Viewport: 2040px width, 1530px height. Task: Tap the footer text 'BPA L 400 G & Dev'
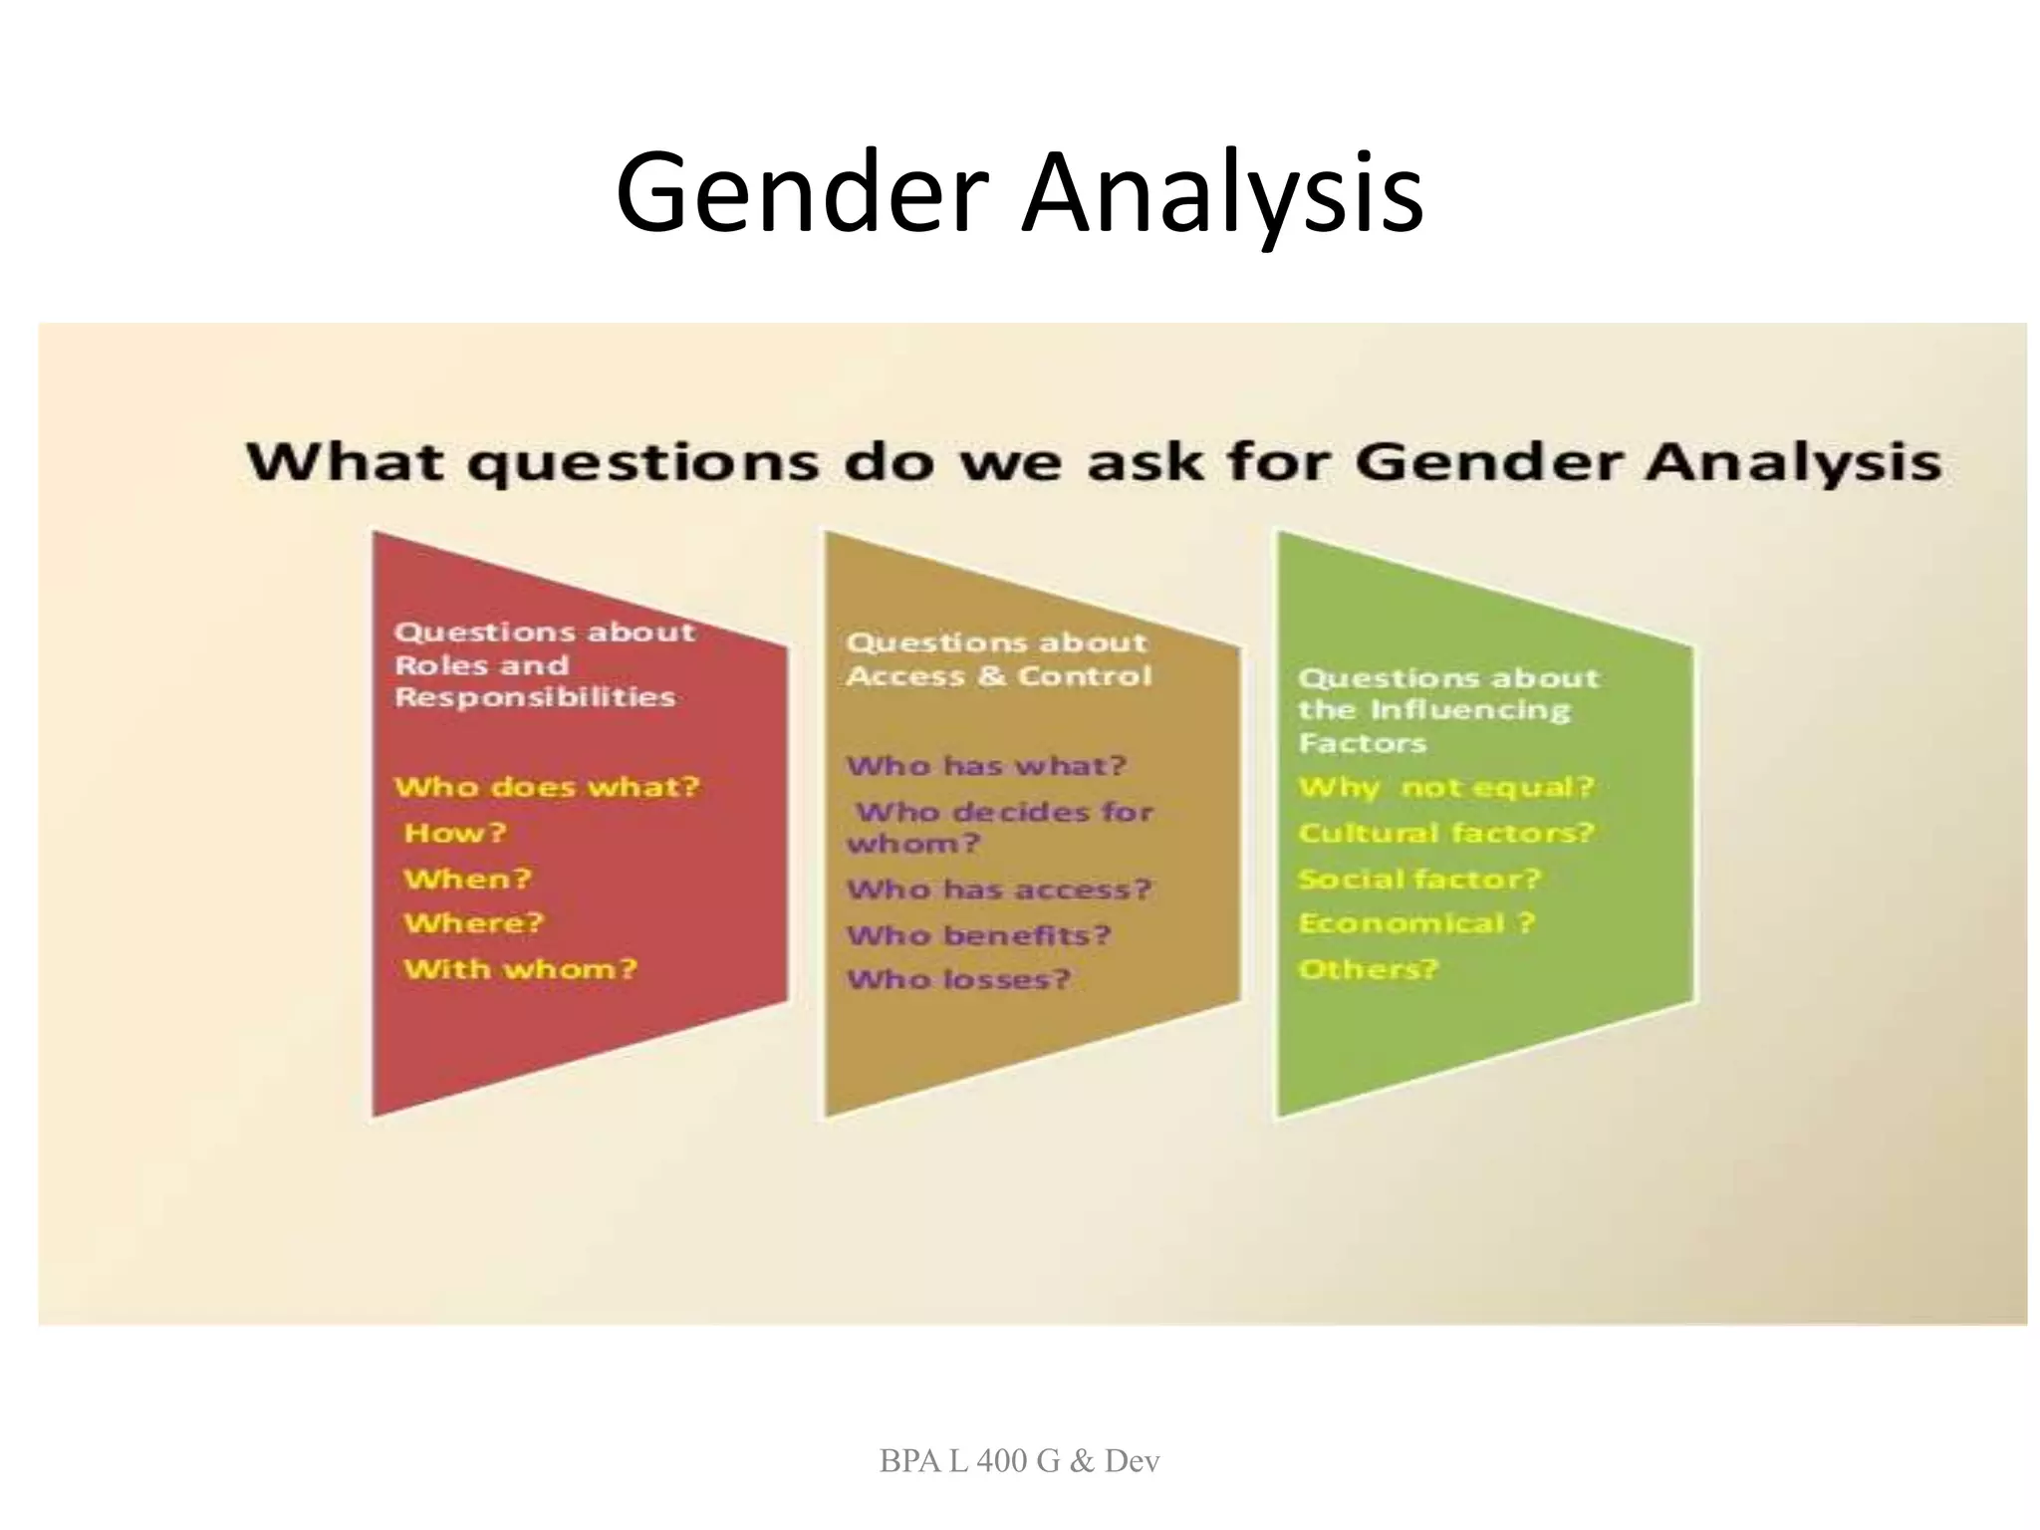pyautogui.click(x=1019, y=1460)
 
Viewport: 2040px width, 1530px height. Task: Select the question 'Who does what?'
pyautogui.click(x=547, y=787)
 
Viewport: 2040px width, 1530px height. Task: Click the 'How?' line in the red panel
pyautogui.click(x=455, y=833)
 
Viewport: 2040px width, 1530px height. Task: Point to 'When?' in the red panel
pyautogui.click(x=467, y=879)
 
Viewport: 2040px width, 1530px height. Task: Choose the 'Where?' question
pyautogui.click(x=474, y=922)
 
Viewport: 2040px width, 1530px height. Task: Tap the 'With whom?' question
pyautogui.click(x=520, y=968)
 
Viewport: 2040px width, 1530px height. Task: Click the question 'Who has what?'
pyautogui.click(x=986, y=765)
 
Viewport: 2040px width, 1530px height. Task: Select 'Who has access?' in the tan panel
pyautogui.click(x=999, y=889)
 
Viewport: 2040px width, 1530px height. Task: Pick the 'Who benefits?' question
pyautogui.click(x=978, y=935)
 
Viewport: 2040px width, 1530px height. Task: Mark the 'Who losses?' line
pyautogui.click(x=958, y=979)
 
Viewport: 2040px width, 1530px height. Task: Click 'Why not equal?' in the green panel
pyautogui.click(x=1446, y=787)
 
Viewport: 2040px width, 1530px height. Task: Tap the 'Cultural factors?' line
pyautogui.click(x=1446, y=833)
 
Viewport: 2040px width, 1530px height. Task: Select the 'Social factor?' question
pyautogui.click(x=1419, y=879)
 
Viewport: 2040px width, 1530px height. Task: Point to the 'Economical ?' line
pyautogui.click(x=1416, y=922)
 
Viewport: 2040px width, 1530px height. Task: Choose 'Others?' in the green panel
pyautogui.click(x=1369, y=968)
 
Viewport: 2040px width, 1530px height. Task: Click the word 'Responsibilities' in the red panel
pyautogui.click(x=535, y=696)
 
